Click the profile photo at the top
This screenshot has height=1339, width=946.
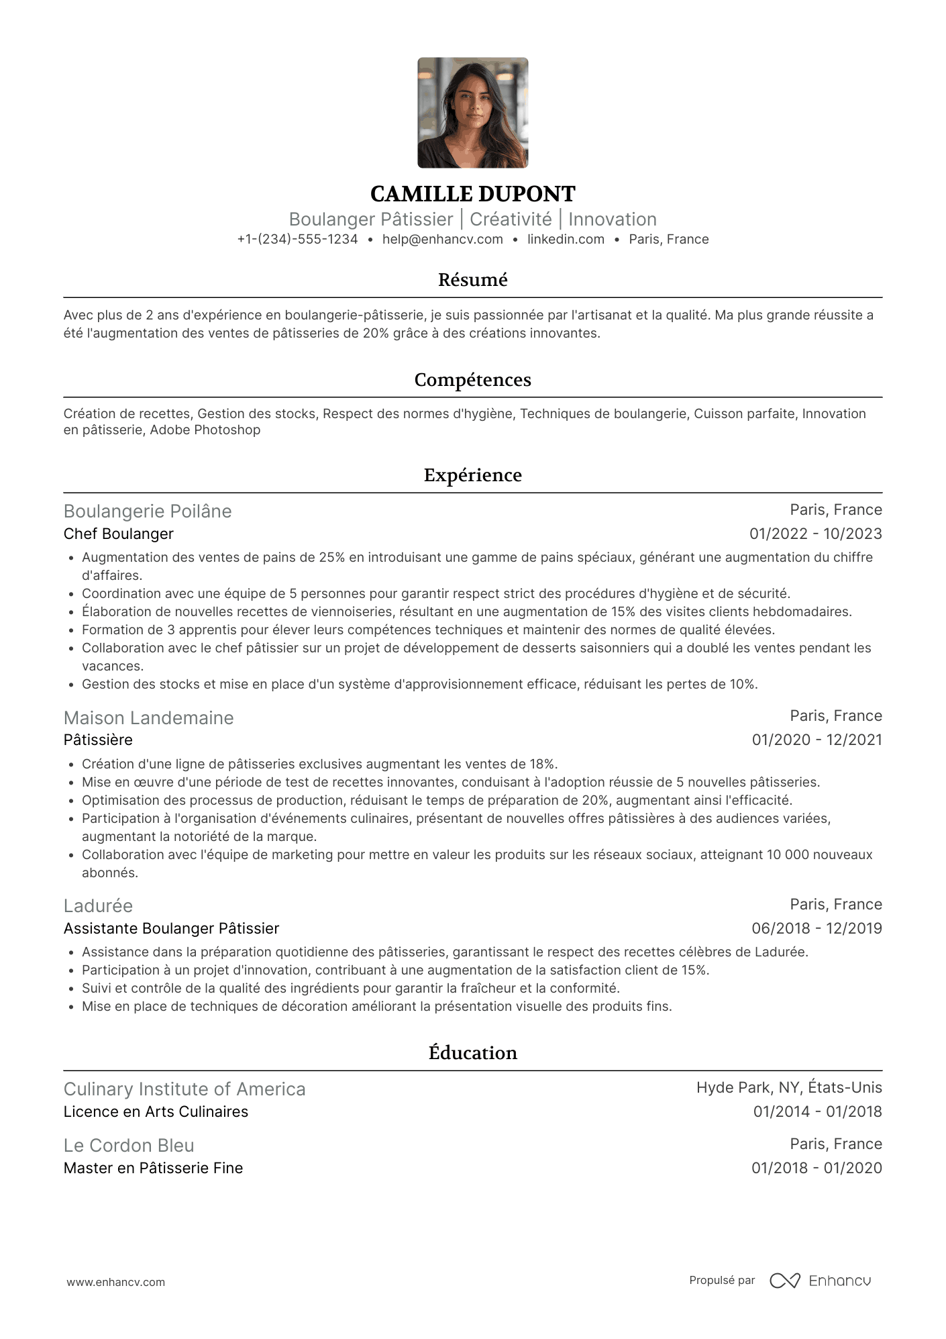pyautogui.click(x=472, y=113)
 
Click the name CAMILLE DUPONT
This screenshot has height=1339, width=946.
pyautogui.click(x=472, y=194)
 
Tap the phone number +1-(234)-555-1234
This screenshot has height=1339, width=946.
pyautogui.click(x=297, y=240)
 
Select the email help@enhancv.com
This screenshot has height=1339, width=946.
pyautogui.click(x=442, y=240)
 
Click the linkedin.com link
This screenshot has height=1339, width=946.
pyautogui.click(x=566, y=240)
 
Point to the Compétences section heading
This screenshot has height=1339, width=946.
pyautogui.click(x=472, y=380)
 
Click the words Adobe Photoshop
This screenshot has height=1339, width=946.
pyautogui.click(x=205, y=430)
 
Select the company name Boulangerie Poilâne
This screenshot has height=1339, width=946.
pyautogui.click(x=148, y=511)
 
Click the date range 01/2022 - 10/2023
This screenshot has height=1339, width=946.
pyautogui.click(x=815, y=534)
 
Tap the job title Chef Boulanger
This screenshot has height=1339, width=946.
pyautogui.click(x=118, y=534)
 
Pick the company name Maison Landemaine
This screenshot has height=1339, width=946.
pyautogui.click(x=148, y=718)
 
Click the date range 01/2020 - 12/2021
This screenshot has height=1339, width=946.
pyautogui.click(x=817, y=740)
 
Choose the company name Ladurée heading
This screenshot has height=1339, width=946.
pyautogui.click(x=98, y=906)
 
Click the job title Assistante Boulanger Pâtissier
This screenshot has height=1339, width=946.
pyautogui.click(x=171, y=929)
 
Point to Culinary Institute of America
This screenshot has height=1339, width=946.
pyautogui.click(x=185, y=1089)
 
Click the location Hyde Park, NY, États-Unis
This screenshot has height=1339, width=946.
pyautogui.click(x=789, y=1088)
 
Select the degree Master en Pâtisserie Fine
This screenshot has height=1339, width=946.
pyautogui.click(x=153, y=1169)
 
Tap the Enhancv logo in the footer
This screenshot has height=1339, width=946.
pyautogui.click(x=820, y=1281)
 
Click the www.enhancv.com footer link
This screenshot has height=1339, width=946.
pyautogui.click(x=115, y=1282)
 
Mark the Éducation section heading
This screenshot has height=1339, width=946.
pyautogui.click(x=472, y=1052)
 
